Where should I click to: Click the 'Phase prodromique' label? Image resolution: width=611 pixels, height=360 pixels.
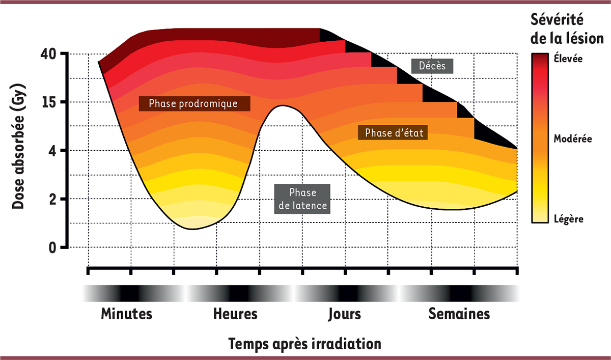coord(194,103)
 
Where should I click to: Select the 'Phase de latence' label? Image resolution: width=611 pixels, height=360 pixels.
coord(302,200)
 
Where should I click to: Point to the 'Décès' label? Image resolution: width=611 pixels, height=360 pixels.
coord(432,66)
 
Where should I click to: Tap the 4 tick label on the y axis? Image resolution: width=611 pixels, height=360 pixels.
coord(55,151)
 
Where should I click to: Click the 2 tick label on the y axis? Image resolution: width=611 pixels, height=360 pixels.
coord(55,199)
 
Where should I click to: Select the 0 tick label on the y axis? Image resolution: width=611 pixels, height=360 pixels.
coord(55,247)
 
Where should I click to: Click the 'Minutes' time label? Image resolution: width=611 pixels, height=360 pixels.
coord(127,313)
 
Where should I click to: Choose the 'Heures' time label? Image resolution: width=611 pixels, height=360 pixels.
coord(235,313)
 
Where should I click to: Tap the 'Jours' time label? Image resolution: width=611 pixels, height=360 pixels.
coord(344,313)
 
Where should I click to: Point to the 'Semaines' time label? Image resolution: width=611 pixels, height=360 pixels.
coord(459,313)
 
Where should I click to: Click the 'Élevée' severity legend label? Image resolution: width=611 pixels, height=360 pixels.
coord(568,59)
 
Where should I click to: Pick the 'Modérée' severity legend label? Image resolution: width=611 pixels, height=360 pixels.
coord(573,138)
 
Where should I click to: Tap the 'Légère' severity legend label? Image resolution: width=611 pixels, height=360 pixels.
coord(568,219)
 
